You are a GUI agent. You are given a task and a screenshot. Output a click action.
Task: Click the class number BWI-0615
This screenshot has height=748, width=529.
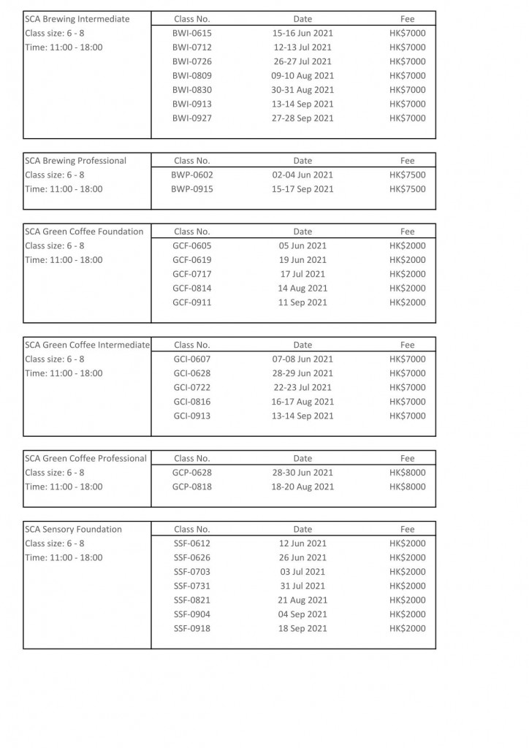[192, 34]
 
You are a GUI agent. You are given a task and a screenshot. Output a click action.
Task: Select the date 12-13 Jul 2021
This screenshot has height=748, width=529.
[302, 47]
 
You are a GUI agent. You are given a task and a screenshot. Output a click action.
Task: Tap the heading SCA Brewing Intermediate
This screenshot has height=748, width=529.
[77, 19]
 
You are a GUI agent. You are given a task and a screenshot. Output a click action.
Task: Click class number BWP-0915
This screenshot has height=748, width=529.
[192, 189]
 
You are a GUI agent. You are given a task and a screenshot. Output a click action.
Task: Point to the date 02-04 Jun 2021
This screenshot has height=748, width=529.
[302, 175]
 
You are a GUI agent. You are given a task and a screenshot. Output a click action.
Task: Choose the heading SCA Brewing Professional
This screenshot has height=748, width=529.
[76, 161]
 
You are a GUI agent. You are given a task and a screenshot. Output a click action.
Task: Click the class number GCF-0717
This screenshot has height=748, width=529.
[192, 274]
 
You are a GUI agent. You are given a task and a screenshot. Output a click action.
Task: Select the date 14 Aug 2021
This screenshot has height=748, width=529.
[302, 289]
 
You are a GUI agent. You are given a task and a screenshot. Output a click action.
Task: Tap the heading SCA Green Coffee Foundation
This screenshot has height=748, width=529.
[84, 232]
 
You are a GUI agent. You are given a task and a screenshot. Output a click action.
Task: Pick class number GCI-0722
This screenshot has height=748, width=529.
[192, 388]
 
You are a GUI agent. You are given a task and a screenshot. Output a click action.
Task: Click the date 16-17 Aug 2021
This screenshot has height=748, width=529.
[302, 402]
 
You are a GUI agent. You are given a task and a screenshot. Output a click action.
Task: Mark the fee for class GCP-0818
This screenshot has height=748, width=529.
[407, 486]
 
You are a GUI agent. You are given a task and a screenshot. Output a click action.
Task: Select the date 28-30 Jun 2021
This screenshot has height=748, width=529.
[302, 473]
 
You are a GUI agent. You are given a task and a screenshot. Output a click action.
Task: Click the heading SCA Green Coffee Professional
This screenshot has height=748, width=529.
[85, 459]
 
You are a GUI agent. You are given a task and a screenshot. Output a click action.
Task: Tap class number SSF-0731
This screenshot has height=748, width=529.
[192, 586]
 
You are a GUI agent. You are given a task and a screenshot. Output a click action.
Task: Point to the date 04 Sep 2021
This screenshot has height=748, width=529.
[302, 614]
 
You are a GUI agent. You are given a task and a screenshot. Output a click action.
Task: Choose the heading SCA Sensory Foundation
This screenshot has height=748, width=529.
[74, 530]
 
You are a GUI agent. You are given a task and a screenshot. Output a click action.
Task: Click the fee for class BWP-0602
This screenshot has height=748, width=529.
[407, 175]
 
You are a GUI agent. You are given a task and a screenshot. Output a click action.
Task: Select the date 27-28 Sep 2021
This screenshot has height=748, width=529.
[302, 118]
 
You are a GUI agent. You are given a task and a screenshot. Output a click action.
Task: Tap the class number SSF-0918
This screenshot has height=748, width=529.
[192, 629]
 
